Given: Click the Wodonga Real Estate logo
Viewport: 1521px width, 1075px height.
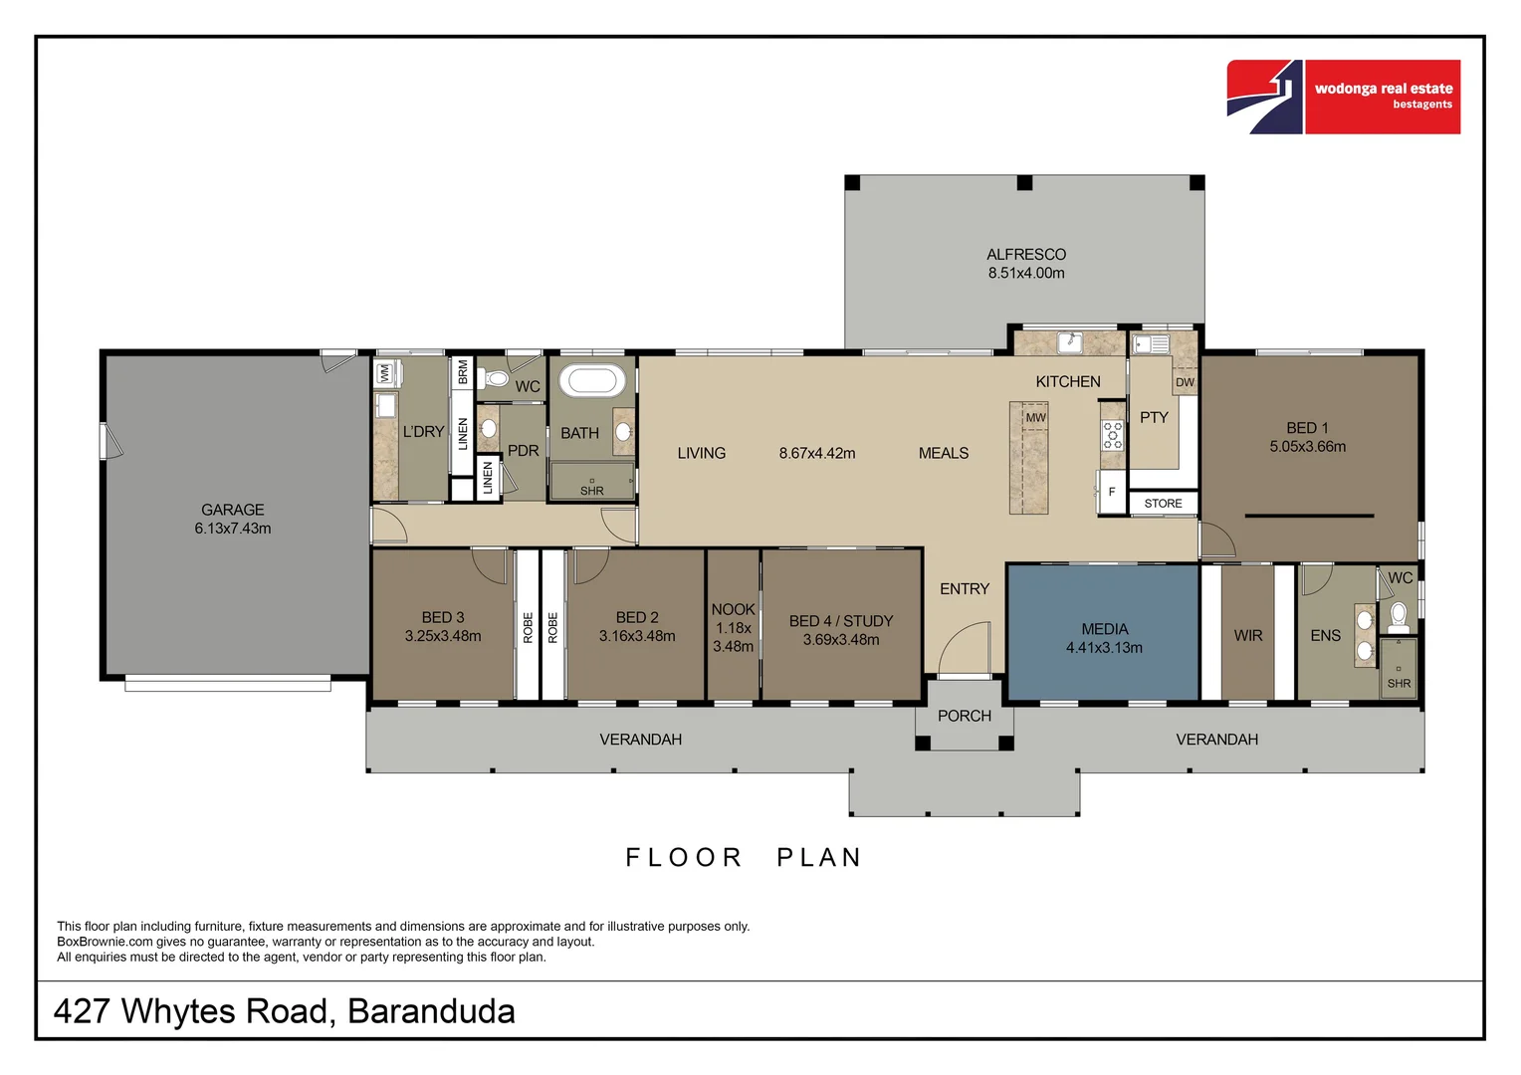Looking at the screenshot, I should [x=1343, y=97].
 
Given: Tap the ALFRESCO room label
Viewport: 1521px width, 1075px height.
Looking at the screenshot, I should [x=1025, y=255].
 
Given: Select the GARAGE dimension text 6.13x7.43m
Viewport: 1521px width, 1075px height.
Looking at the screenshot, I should [x=232, y=529].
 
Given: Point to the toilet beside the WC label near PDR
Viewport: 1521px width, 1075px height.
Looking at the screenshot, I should [x=495, y=378].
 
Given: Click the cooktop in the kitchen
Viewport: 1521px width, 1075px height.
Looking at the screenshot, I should [x=1112, y=435].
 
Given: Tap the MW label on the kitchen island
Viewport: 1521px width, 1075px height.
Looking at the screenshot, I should [x=1035, y=417].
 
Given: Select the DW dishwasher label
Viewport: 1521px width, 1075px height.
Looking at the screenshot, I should [x=1184, y=382].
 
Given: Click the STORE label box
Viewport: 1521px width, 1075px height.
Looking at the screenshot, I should [x=1163, y=504].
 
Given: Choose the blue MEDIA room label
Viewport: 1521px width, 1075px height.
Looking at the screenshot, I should [x=1104, y=629].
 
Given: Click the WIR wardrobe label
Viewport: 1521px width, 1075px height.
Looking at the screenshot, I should [x=1247, y=635].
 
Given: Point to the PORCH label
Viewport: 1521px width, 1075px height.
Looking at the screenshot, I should [x=964, y=716].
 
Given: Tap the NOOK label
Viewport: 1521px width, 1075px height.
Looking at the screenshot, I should [x=733, y=609].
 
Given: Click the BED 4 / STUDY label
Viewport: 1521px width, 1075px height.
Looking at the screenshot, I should [x=840, y=621].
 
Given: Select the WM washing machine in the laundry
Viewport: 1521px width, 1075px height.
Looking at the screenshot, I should [x=385, y=374].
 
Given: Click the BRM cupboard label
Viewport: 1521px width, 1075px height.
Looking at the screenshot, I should [x=462, y=372].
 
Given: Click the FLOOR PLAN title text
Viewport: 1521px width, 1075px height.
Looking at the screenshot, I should [x=743, y=857].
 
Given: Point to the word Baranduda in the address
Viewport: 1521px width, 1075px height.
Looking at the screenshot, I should [x=431, y=1011].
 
